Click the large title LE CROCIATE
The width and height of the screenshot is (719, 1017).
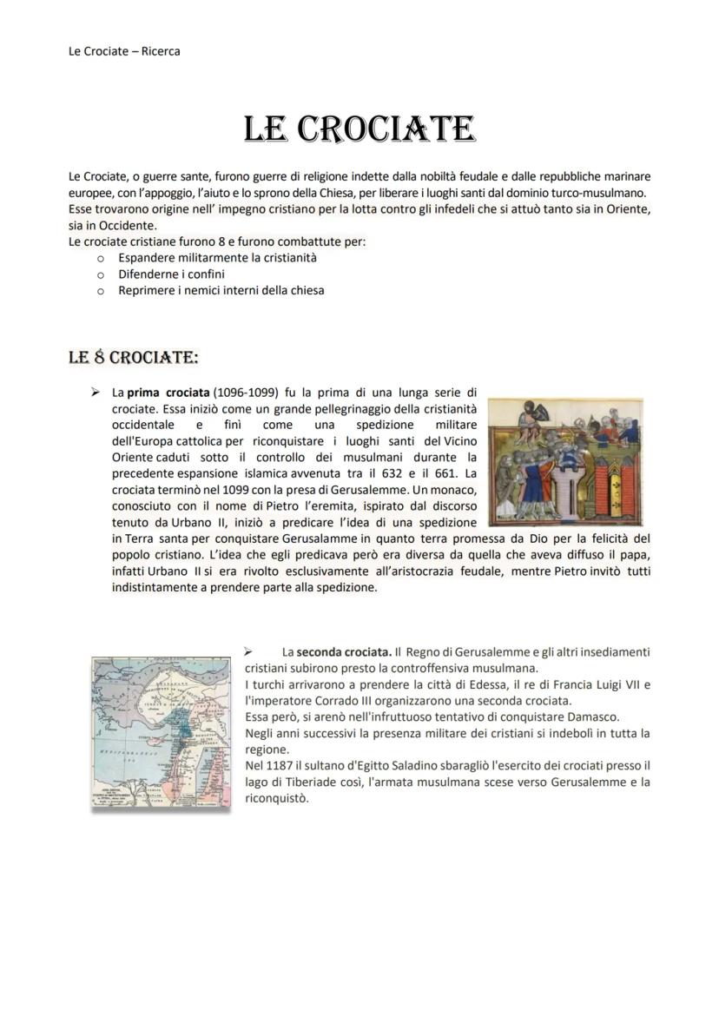(x=359, y=129)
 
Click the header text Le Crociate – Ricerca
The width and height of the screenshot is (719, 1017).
(x=124, y=51)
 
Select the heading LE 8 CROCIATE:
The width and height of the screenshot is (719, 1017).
(x=134, y=357)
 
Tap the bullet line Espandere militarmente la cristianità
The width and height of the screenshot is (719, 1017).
(x=217, y=258)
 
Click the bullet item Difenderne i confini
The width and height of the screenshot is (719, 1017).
(x=171, y=274)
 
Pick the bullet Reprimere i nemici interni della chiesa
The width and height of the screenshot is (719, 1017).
(x=221, y=290)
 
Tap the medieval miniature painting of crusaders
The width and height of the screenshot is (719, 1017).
(x=565, y=462)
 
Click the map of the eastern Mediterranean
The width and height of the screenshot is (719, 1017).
(x=162, y=733)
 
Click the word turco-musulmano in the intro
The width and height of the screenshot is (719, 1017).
(x=593, y=193)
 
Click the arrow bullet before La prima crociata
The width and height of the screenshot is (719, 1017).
(x=96, y=393)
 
